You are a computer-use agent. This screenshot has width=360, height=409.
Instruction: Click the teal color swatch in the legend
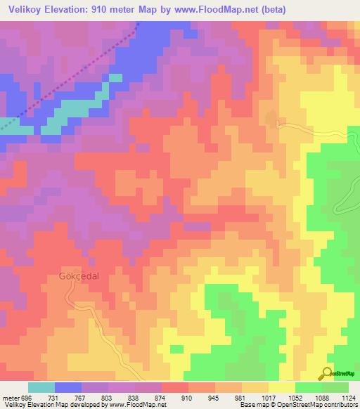pyautogui.click(x=41, y=387)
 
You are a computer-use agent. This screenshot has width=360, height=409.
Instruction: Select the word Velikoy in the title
pyautogui.click(x=23, y=11)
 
